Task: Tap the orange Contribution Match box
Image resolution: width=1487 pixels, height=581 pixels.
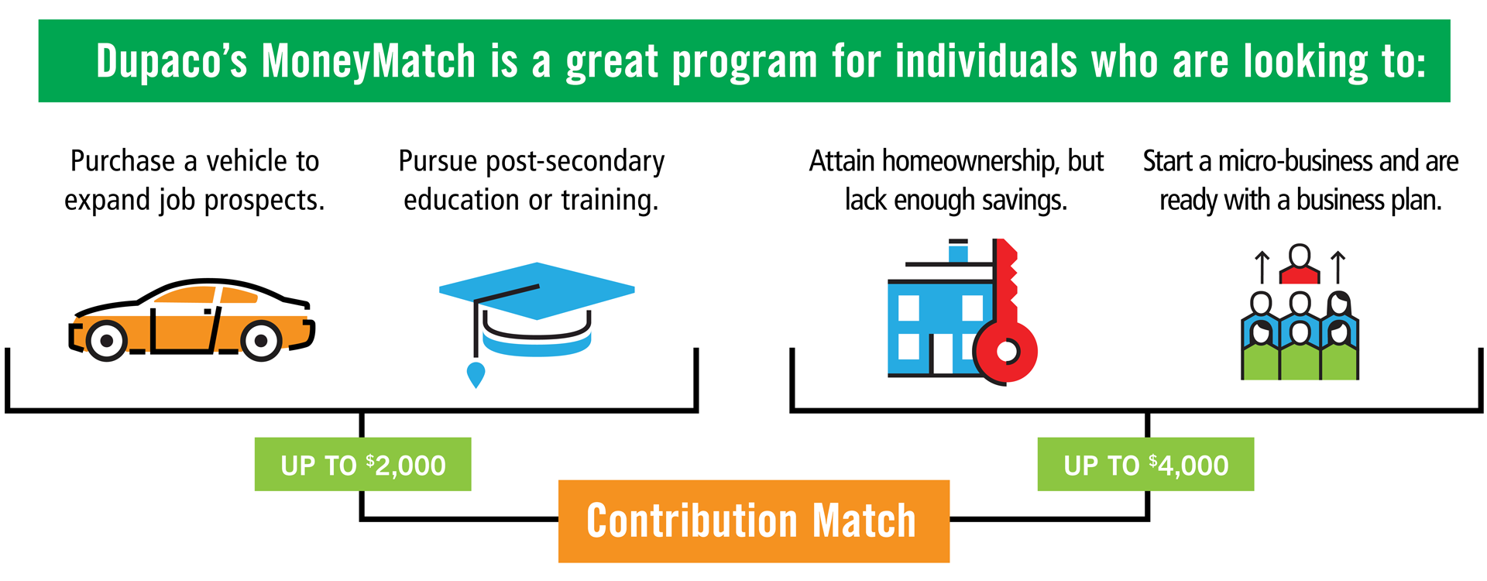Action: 754,521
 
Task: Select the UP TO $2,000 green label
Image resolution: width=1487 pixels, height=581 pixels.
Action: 362,464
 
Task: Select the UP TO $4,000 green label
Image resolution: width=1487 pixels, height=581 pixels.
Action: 1145,464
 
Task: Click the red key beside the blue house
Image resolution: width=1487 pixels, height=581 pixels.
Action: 1006,318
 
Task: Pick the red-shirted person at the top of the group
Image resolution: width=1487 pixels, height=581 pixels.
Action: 1300,264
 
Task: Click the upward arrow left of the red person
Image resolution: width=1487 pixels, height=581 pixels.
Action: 1262,267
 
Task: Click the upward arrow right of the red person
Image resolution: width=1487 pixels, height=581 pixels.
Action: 1338,267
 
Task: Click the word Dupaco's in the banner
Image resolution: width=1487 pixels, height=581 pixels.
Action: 171,62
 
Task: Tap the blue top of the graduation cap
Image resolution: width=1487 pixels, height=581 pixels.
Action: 537,290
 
